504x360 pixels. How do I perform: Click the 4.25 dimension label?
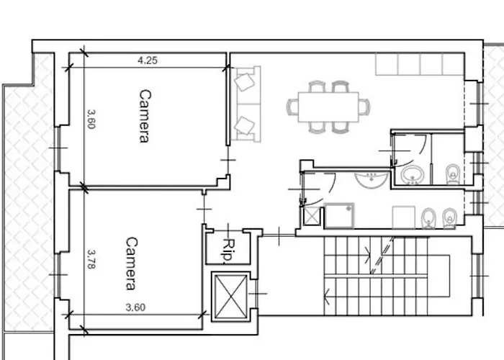(148, 60)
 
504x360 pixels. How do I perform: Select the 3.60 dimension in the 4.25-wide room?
(91, 120)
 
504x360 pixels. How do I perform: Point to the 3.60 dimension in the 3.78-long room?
(135, 307)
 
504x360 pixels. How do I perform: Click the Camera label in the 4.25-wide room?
(145, 116)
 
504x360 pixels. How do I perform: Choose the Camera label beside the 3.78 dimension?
(131, 264)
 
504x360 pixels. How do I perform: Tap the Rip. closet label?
(228, 249)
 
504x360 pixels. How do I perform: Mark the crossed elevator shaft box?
(230, 297)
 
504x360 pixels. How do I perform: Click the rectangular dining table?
(328, 107)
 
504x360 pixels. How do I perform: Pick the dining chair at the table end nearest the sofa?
(292, 107)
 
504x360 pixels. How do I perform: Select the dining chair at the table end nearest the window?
(364, 107)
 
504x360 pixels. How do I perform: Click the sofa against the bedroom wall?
(246, 104)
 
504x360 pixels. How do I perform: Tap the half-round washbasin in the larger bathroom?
(372, 180)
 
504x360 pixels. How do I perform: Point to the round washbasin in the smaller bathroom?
(413, 175)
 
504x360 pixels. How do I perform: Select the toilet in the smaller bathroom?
(453, 174)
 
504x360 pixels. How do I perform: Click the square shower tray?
(339, 215)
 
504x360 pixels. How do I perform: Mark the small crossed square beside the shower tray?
(312, 216)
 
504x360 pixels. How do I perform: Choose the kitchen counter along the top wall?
(420, 64)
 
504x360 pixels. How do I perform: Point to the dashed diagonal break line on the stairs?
(382, 255)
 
